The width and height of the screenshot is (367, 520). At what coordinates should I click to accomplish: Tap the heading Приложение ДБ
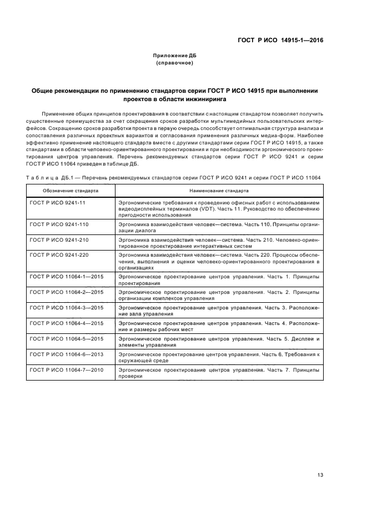click(174, 56)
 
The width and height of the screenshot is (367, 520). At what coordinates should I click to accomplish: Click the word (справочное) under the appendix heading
click(174, 63)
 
